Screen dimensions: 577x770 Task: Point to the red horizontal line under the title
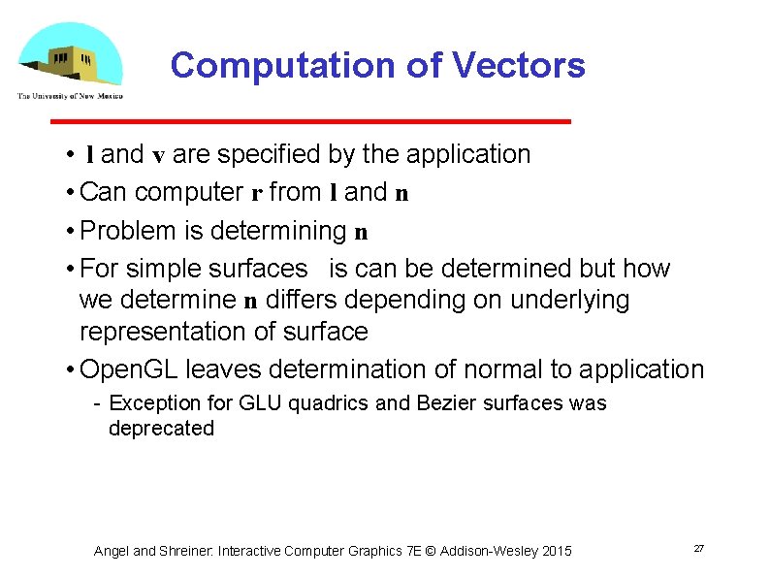pyautogui.click(x=310, y=121)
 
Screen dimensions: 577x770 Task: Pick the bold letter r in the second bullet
pyautogui.click(x=257, y=193)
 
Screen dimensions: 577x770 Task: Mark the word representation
pyautogui.click(x=176, y=333)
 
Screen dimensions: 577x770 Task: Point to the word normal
pyautogui.click(x=509, y=370)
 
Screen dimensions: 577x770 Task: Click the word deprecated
pyautogui.click(x=161, y=429)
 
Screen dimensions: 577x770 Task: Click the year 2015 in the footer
pyautogui.click(x=557, y=552)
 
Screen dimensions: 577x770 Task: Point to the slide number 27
pyautogui.click(x=698, y=549)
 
